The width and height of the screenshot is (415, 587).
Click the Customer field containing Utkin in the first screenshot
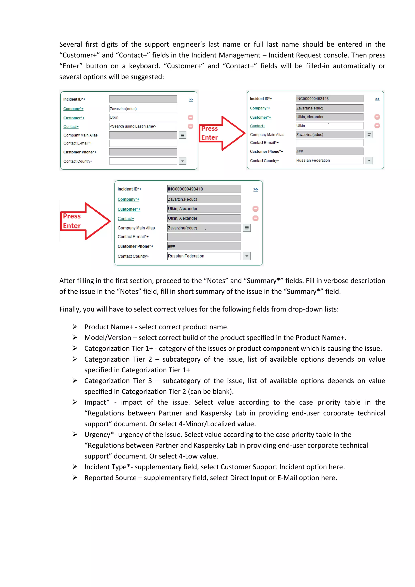[x=143, y=117]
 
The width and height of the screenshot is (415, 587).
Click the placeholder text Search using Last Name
[x=133, y=126]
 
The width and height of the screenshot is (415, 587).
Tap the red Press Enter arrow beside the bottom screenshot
[x=85, y=221]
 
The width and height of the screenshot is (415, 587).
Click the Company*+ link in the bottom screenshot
[x=128, y=199]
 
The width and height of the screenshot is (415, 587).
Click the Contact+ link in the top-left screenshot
[x=71, y=126]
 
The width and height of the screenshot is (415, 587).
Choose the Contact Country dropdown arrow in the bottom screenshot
[x=247, y=256]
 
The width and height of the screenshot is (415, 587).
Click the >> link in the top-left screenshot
[x=191, y=100]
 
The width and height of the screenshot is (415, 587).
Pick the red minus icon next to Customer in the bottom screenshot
[x=255, y=209]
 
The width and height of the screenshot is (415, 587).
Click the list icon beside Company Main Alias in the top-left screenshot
[x=182, y=135]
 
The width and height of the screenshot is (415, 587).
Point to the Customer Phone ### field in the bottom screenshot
[x=204, y=246]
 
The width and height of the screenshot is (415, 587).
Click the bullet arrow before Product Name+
[x=75, y=327]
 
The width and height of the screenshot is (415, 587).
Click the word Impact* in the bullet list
[x=97, y=402]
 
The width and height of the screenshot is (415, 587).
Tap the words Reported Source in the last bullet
[x=110, y=478]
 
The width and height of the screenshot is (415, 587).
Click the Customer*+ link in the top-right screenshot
[x=260, y=117]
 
